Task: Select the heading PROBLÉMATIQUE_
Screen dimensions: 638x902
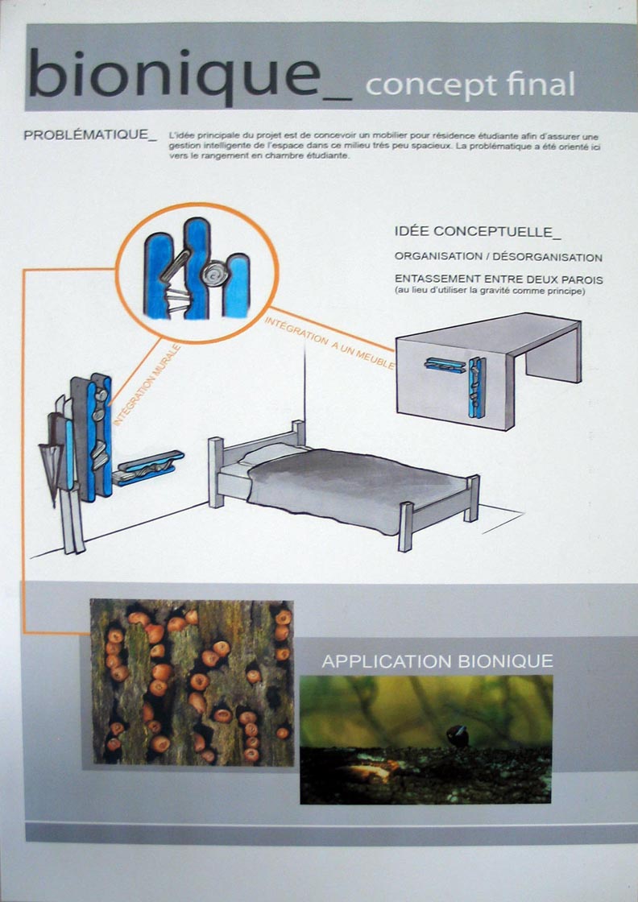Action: point(89,135)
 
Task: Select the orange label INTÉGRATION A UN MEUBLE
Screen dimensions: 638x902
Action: point(330,343)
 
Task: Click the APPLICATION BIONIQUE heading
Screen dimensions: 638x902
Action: point(437,661)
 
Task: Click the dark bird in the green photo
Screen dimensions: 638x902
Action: point(458,736)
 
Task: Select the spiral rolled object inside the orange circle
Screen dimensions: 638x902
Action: point(213,273)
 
